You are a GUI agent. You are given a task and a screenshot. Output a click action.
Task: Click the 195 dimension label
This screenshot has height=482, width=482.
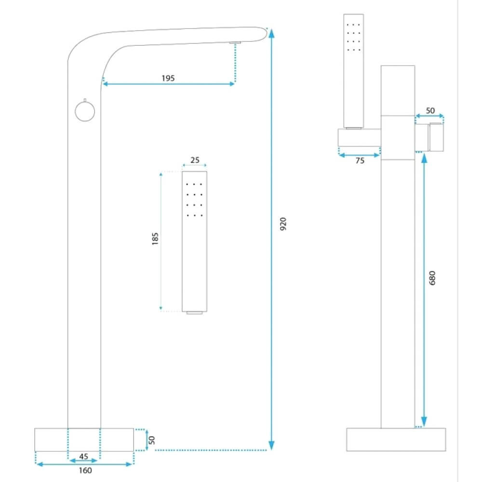pos(168,78)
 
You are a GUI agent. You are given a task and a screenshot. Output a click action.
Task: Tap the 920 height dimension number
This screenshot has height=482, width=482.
pos(283,224)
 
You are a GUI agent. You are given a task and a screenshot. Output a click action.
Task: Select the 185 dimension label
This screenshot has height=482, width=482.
pos(155,239)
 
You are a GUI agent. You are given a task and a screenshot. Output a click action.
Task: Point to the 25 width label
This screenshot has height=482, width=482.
pos(195,160)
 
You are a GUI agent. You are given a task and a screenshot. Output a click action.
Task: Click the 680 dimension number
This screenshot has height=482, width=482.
pos(432,278)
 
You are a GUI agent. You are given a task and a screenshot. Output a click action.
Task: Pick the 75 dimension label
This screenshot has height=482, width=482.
pos(360,161)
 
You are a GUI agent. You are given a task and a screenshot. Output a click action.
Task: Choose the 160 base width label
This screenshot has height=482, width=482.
pos(85,470)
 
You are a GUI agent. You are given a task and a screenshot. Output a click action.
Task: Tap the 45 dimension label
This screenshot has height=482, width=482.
pos(83,456)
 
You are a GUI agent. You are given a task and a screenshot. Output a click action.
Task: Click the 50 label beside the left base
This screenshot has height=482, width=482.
pos(151,440)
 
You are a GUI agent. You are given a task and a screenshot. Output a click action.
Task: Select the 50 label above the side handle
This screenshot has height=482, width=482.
pos(430,110)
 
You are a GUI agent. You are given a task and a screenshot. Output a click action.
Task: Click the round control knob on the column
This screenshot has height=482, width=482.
pos(85,111)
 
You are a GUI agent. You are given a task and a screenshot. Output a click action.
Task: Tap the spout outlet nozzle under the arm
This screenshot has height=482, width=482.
pos(235,42)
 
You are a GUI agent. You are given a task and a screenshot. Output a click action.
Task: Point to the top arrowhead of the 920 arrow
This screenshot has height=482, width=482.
pos(271,33)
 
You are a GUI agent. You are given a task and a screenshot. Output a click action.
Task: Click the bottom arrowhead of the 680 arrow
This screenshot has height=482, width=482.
pos(424,421)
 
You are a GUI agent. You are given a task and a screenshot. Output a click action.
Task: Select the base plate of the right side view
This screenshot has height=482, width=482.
pos(396,440)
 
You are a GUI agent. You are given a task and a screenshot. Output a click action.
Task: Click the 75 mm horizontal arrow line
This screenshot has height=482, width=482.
pos(359,155)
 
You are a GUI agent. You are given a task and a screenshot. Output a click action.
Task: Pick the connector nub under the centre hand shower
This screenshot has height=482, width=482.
pos(195,313)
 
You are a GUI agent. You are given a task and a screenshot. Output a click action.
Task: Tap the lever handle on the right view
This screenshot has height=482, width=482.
pos(436,137)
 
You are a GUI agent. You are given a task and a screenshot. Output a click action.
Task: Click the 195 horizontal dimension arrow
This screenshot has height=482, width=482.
pos(168,84)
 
